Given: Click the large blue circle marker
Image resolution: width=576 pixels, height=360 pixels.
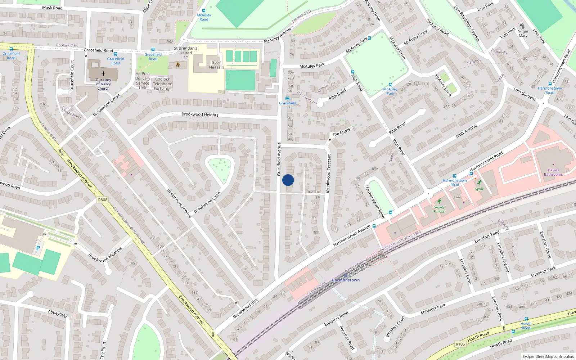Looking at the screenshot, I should [288, 180].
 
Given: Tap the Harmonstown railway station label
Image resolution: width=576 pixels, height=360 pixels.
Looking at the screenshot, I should [346, 280].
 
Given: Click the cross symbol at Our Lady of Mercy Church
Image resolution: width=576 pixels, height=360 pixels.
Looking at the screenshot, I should [103, 73].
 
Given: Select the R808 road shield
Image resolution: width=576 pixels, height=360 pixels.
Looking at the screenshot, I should [103, 200].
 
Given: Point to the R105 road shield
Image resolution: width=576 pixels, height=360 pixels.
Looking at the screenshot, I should [460, 344].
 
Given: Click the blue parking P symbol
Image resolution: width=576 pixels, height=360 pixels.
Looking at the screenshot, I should [38, 248].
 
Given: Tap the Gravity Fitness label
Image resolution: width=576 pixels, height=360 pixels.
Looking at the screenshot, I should [439, 209].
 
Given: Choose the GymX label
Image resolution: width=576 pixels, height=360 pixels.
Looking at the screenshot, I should [479, 189].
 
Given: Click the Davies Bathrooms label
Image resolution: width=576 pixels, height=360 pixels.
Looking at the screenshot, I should [553, 172].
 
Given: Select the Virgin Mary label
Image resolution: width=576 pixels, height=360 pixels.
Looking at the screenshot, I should [523, 33].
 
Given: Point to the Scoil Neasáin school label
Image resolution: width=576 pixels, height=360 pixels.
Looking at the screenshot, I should [216, 65].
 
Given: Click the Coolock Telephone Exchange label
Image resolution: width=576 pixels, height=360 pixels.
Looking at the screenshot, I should [163, 84].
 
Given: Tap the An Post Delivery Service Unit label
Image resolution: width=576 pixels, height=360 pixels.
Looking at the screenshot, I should [143, 81].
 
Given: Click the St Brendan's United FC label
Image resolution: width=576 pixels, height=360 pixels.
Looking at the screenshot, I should [185, 53].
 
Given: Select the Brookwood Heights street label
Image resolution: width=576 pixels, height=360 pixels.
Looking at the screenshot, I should [200, 114].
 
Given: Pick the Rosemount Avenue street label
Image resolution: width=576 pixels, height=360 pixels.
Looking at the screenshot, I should [179, 203].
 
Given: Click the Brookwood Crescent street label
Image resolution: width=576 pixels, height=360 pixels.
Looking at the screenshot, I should [328, 174].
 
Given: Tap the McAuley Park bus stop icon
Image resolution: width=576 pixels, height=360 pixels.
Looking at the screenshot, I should [369, 38].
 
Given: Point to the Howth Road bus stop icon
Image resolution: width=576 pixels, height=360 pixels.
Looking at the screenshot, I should [526, 319].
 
